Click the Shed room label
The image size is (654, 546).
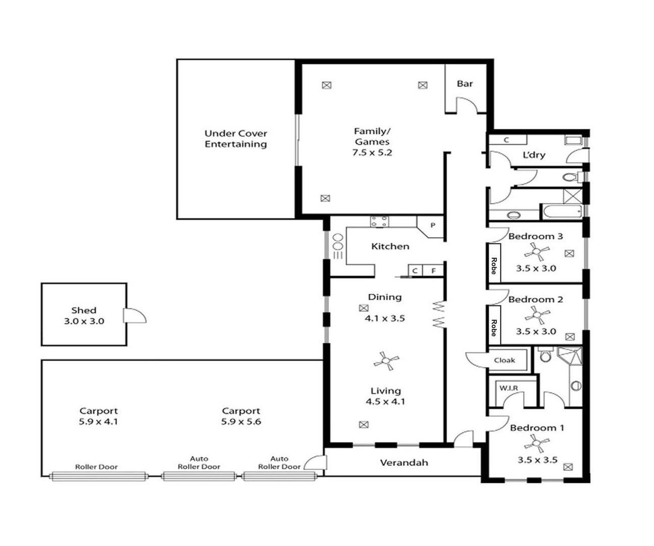click(x=83, y=310)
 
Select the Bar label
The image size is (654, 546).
click(x=465, y=84)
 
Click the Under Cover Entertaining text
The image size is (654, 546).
click(x=235, y=139)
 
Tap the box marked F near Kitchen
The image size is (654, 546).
click(x=433, y=271)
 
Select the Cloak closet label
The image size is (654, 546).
click(x=505, y=360)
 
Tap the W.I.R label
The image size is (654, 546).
click(x=509, y=388)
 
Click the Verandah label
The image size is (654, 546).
click(x=404, y=463)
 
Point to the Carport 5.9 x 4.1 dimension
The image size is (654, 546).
click(x=98, y=422)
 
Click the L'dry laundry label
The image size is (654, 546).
click(x=534, y=155)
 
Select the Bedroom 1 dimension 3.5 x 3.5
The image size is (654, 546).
click(x=537, y=460)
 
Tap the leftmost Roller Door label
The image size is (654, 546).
click(x=96, y=467)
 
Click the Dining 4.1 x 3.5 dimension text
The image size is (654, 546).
click(x=384, y=318)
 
